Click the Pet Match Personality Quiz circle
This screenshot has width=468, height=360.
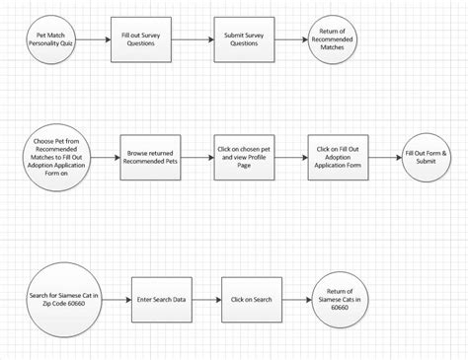tap(50, 40)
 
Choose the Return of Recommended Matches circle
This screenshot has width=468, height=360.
tap(332, 40)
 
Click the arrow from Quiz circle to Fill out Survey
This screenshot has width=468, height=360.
tap(93, 40)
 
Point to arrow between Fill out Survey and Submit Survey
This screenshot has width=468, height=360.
tap(195, 40)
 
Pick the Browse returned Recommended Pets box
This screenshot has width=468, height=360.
tap(150, 155)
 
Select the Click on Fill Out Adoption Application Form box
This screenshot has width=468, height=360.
tap(338, 155)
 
